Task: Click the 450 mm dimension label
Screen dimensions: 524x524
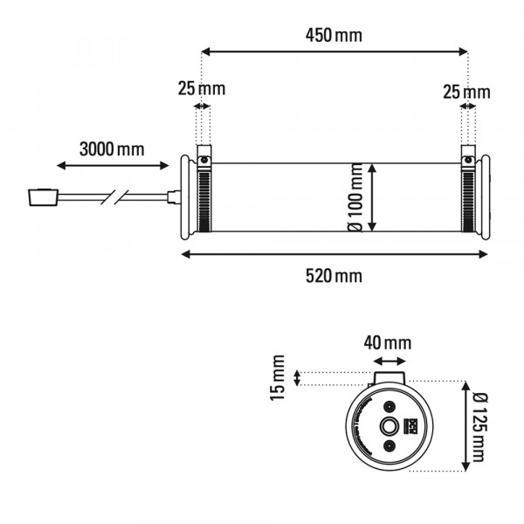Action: coord(334,36)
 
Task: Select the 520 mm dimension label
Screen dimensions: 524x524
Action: coord(334,276)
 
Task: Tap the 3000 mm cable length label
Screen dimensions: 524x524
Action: coord(112,149)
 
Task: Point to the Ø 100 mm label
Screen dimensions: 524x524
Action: coord(355,198)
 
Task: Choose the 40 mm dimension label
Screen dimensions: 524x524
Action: coord(388,343)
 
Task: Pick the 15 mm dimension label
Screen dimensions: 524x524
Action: coord(278,377)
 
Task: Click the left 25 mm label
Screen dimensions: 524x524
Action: coord(202,88)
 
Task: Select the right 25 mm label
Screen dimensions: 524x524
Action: coord(466,92)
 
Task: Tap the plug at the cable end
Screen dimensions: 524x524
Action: coord(43,197)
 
